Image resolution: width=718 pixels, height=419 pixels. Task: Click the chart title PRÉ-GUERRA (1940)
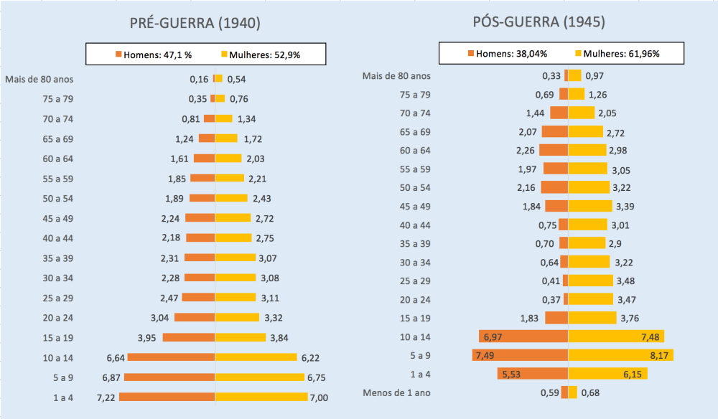[x=194, y=23]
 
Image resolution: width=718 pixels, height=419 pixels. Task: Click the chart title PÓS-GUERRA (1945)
[x=538, y=22]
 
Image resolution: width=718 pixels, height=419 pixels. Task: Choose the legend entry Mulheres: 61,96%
[x=617, y=53]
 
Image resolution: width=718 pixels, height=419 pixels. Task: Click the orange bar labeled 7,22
[x=167, y=397]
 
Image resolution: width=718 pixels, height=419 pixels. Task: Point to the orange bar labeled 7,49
[x=520, y=354]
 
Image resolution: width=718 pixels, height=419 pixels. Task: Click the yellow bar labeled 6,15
[x=607, y=373]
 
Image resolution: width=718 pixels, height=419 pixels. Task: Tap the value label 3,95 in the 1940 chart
[x=148, y=337]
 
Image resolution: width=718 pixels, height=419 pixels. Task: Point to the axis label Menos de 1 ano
[x=397, y=392]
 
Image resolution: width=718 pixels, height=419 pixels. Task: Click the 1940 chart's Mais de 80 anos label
[x=39, y=79]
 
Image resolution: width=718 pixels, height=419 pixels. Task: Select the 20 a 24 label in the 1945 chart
[x=415, y=298]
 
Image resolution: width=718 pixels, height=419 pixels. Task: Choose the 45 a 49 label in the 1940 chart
[x=58, y=218]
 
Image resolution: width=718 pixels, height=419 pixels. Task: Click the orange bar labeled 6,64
[x=171, y=357]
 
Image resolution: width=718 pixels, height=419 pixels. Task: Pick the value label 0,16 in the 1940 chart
[x=199, y=79]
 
